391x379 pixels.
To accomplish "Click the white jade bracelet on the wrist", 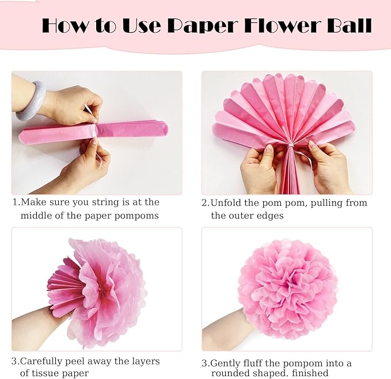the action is pyautogui.click(x=31, y=100).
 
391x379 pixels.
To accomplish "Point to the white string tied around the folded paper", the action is pyautogui.click(x=93, y=129).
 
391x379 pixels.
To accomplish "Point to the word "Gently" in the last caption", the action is pyautogui.click(x=226, y=363).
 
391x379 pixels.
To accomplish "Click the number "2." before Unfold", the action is pyautogui.click(x=206, y=203).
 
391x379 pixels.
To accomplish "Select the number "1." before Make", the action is pyautogui.click(x=16, y=202).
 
